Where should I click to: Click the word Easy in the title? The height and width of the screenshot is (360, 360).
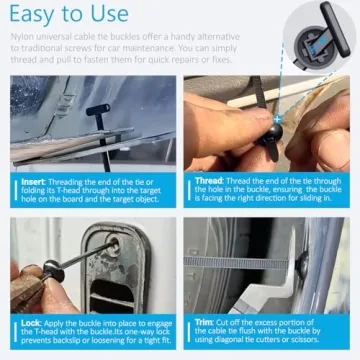[37, 17]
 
